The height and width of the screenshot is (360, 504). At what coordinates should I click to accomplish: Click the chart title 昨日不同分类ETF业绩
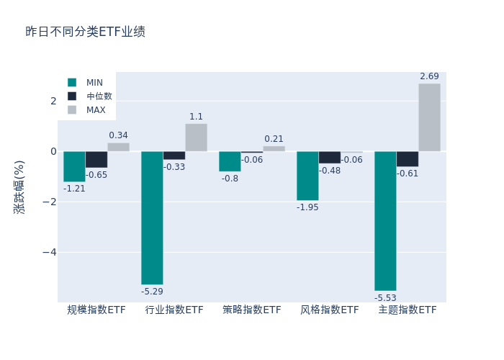click(x=85, y=32)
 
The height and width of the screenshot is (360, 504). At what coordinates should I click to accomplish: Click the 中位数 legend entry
click(x=99, y=96)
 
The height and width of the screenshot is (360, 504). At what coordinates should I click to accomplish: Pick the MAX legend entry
click(x=96, y=110)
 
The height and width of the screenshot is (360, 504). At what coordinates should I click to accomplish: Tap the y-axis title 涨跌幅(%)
click(x=19, y=186)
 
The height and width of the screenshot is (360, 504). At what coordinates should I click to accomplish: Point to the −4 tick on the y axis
click(x=49, y=253)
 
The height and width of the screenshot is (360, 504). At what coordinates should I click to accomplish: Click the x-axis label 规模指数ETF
click(x=96, y=310)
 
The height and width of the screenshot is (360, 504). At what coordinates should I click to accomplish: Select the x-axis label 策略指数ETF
click(x=252, y=310)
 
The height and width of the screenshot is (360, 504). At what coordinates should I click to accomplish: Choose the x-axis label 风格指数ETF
click(x=330, y=310)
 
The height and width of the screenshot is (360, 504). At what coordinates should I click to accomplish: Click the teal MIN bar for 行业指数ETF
click(x=152, y=217)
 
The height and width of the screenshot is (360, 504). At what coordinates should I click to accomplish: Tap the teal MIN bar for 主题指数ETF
click(x=385, y=220)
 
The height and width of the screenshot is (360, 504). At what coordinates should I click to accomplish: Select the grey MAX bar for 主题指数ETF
click(x=429, y=117)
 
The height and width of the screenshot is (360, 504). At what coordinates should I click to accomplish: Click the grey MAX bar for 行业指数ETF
click(x=196, y=138)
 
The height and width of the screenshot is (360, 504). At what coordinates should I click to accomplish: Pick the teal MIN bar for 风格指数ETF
click(x=307, y=176)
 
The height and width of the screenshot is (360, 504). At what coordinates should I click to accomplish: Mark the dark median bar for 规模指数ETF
click(x=96, y=159)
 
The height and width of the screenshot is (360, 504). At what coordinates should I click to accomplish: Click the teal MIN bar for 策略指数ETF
click(x=230, y=161)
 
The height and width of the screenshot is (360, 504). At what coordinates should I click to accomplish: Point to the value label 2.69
click(x=429, y=76)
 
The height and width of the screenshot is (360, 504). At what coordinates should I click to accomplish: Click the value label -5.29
click(x=152, y=292)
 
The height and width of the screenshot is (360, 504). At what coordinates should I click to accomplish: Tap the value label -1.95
click(x=307, y=207)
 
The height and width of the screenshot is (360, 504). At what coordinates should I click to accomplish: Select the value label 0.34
click(x=118, y=135)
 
